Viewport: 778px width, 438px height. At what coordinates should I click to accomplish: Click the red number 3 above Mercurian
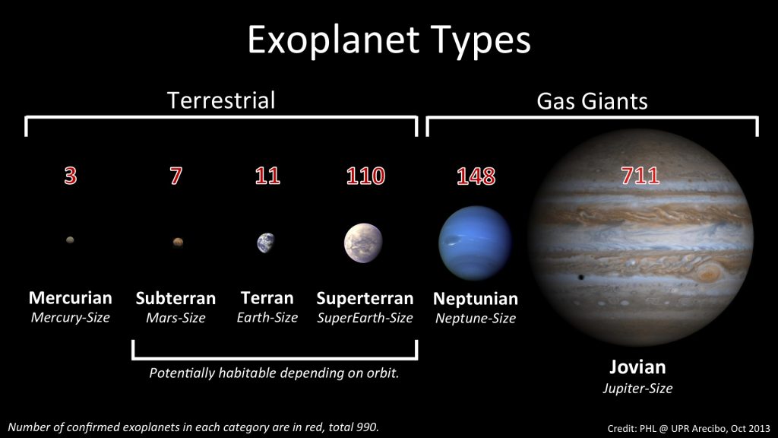(71, 176)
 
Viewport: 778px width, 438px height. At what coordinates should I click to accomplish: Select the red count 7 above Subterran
(176, 176)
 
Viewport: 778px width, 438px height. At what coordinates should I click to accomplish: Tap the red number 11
(267, 176)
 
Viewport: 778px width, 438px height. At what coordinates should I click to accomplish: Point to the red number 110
(365, 176)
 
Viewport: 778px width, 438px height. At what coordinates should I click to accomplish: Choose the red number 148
(476, 176)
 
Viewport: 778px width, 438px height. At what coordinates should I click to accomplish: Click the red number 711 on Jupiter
(640, 176)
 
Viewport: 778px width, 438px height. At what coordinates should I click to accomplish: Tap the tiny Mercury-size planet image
(70, 240)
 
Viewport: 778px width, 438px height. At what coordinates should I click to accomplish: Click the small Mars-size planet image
(178, 243)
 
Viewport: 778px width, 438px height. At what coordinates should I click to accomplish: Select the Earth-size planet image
(266, 243)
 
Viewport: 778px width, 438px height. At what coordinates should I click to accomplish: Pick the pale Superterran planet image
(363, 243)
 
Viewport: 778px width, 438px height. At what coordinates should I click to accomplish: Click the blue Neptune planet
(475, 243)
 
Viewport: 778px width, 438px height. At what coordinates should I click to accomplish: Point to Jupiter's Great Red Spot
(708, 272)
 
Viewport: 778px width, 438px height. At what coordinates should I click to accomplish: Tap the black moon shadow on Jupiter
(580, 277)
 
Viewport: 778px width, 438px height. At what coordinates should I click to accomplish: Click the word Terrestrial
(221, 100)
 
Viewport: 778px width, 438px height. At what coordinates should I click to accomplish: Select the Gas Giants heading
(592, 101)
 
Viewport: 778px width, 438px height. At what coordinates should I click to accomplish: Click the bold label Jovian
(637, 367)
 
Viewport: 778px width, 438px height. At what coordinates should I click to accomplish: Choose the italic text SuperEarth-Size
(365, 318)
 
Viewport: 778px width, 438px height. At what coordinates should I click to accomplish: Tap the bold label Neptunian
(476, 298)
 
